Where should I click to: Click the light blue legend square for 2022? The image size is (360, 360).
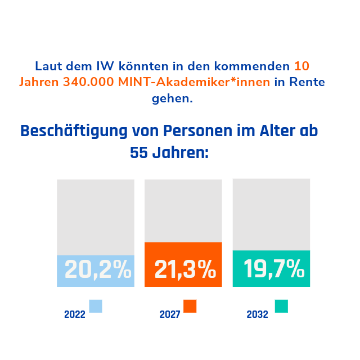click(x=96, y=306)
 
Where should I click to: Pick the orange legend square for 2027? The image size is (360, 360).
click(x=190, y=306)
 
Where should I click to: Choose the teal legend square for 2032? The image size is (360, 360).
click(x=281, y=306)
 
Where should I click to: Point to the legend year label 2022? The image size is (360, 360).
click(x=75, y=314)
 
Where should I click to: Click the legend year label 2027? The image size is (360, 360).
click(x=169, y=314)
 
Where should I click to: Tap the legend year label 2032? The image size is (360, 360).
click(x=257, y=314)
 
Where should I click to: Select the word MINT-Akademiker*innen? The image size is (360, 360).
click(x=195, y=82)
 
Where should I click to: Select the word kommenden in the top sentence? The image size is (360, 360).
click(x=258, y=66)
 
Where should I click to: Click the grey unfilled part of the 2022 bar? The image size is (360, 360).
click(x=96, y=217)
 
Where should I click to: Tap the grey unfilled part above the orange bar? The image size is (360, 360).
click(x=183, y=210)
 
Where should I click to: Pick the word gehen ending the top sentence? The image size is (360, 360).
click(x=172, y=100)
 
